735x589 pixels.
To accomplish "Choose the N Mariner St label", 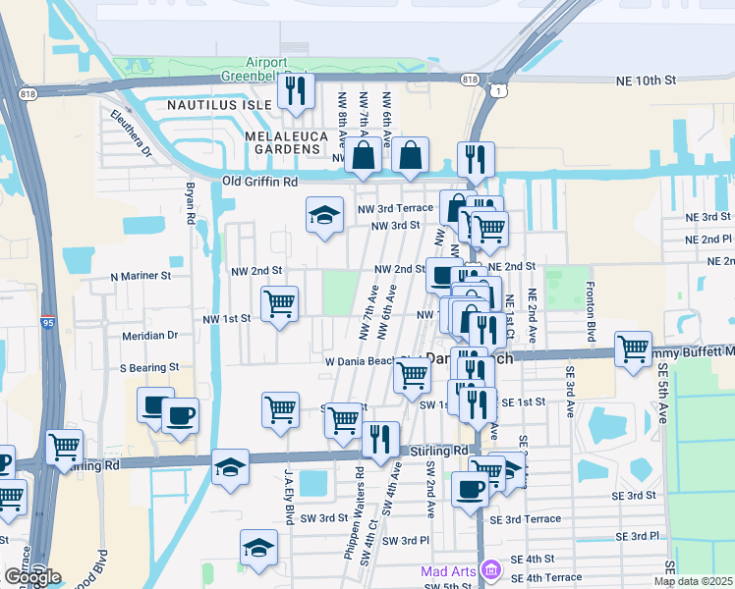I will point(141,277).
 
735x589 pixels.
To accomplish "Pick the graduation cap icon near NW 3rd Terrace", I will point(323,217).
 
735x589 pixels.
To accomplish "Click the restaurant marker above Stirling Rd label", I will point(380,439).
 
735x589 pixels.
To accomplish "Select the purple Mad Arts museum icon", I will point(492,570).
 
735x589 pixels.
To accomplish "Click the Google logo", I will point(31,577).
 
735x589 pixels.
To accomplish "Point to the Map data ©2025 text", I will point(694,581).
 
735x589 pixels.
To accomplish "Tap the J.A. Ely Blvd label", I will point(290,497).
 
